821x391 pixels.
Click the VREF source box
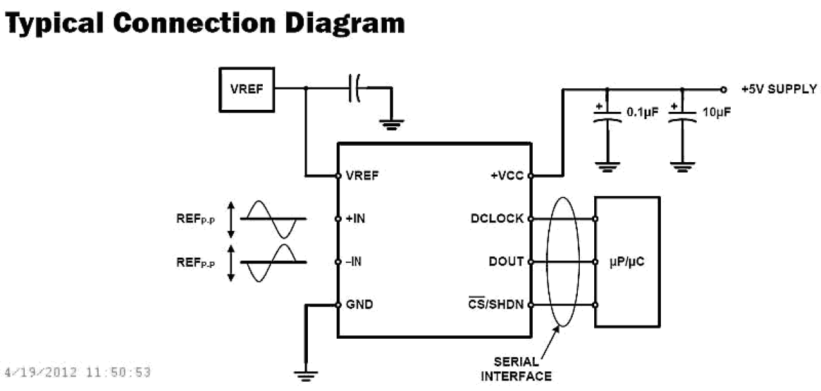246,88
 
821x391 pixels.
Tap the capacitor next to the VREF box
354,88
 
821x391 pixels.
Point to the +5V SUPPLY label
779,89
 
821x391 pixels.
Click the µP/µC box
627,262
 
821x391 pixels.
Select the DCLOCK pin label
497,218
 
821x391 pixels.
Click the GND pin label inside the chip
359,305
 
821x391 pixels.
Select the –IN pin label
354,262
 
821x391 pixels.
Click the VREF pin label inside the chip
361,175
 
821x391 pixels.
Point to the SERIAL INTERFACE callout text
516,369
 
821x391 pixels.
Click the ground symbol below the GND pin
305,375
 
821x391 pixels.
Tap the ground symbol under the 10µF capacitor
682,167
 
